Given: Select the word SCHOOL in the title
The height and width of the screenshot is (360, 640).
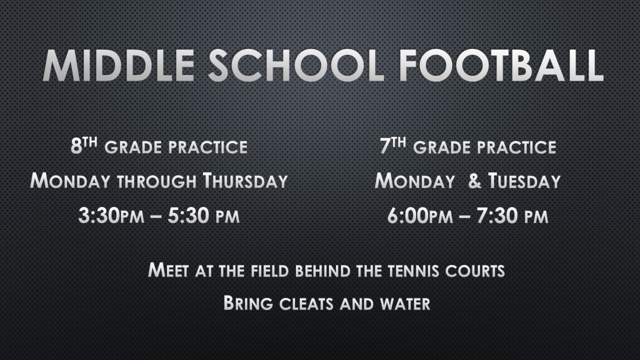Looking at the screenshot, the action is tap(296, 65).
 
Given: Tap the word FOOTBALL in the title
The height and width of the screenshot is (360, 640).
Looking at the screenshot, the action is tap(501, 65).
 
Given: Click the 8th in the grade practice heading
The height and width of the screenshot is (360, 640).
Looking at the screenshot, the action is tap(84, 145).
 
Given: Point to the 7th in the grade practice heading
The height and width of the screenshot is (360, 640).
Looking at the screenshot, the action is tap(393, 145).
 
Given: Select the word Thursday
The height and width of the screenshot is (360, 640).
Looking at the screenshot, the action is tap(245, 180).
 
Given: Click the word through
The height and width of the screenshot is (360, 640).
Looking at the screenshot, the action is tap(157, 181).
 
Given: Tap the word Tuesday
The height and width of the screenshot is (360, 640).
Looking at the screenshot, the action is tap(524, 180).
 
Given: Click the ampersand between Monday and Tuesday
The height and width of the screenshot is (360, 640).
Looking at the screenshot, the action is tap(474, 181).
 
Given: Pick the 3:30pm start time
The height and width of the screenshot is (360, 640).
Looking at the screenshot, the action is tap(111, 215).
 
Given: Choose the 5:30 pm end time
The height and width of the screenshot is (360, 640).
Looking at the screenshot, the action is tap(203, 215).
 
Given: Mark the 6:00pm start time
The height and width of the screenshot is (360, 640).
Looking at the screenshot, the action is tap(420, 215).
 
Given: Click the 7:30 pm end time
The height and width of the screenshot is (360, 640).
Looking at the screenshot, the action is tap(512, 215).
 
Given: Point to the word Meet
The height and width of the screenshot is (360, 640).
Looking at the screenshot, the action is tap(168, 269).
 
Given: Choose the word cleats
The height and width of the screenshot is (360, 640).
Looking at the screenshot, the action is tap(306, 303).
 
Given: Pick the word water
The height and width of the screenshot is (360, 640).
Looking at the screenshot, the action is tap(405, 303).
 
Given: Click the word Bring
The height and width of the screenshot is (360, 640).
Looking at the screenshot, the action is tap(248, 302).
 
